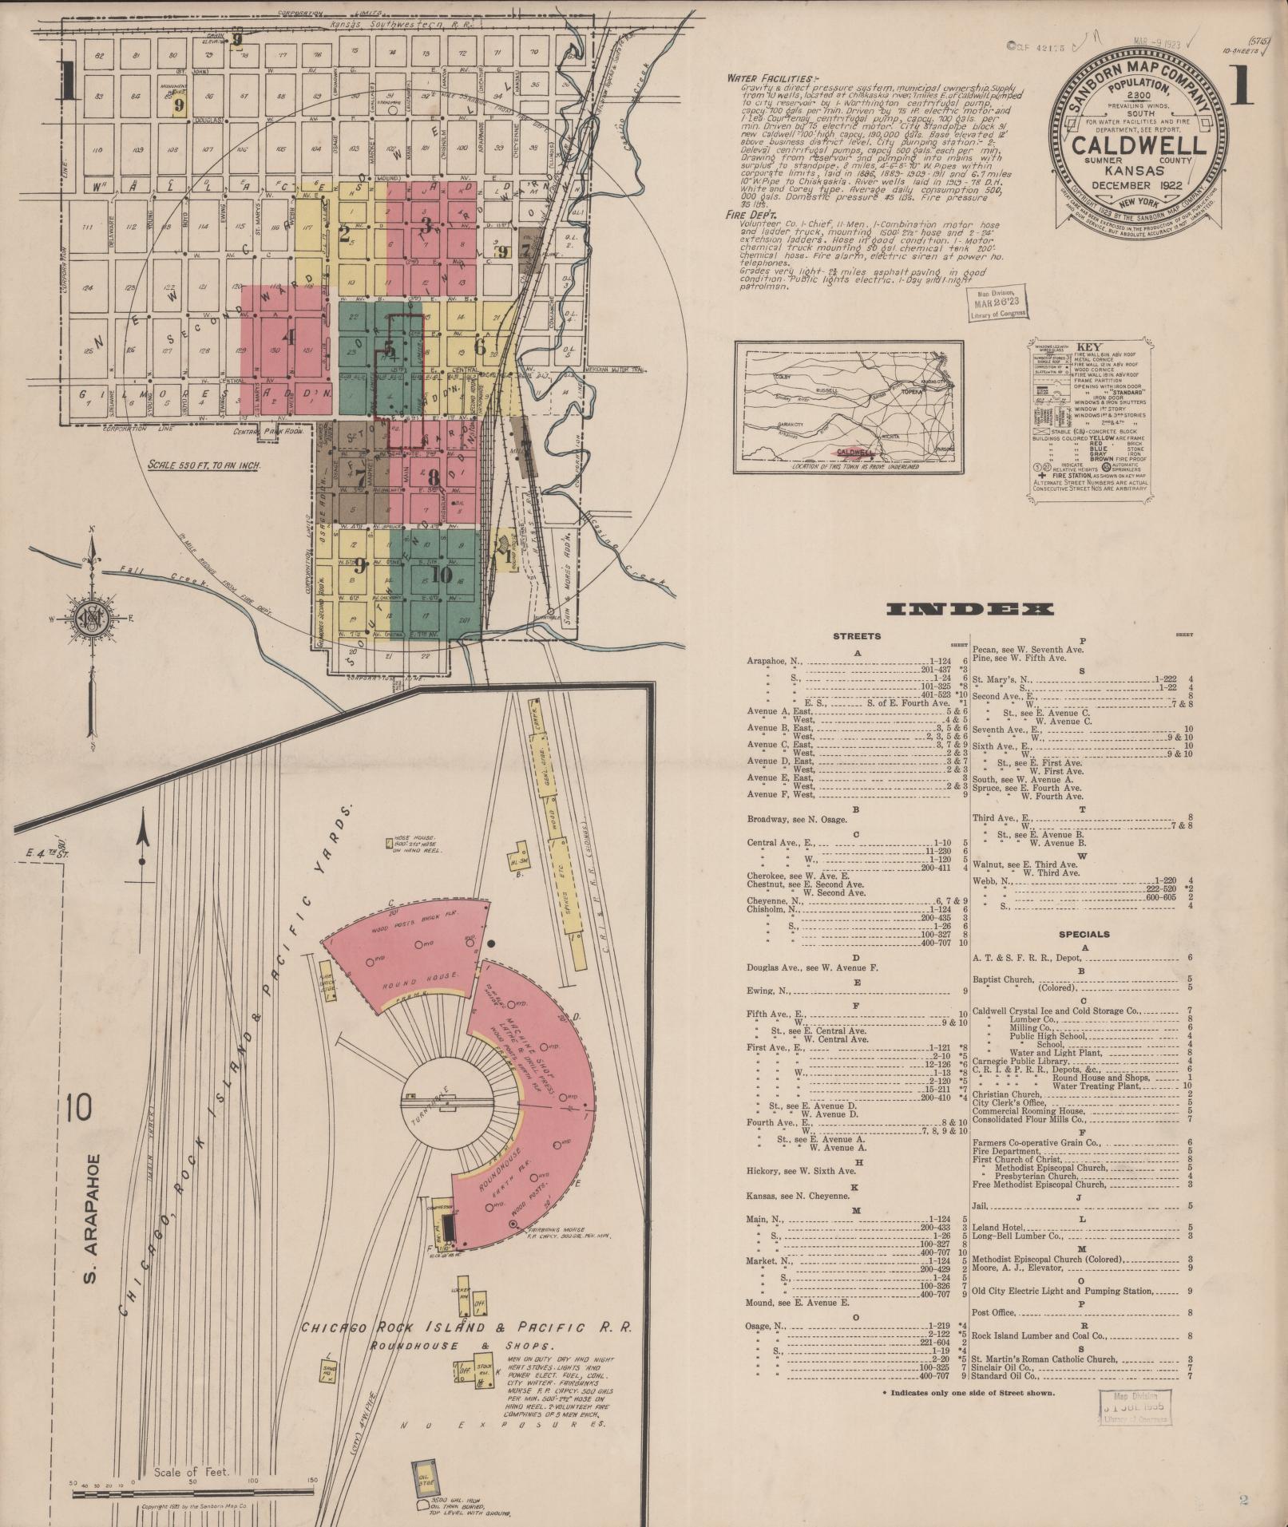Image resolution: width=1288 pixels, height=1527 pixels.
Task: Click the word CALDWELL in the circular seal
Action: pyautogui.click(x=1139, y=146)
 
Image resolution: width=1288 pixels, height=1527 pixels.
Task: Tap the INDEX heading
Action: pyautogui.click(x=970, y=610)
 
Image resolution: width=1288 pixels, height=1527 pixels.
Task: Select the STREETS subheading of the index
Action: pyautogui.click(x=857, y=636)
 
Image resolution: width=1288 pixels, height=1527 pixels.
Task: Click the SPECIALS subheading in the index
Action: pyautogui.click(x=1084, y=933)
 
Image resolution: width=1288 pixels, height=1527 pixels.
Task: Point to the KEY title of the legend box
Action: pyautogui.click(x=1089, y=346)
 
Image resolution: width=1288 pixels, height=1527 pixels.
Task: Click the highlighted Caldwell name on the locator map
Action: pyautogui.click(x=853, y=451)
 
